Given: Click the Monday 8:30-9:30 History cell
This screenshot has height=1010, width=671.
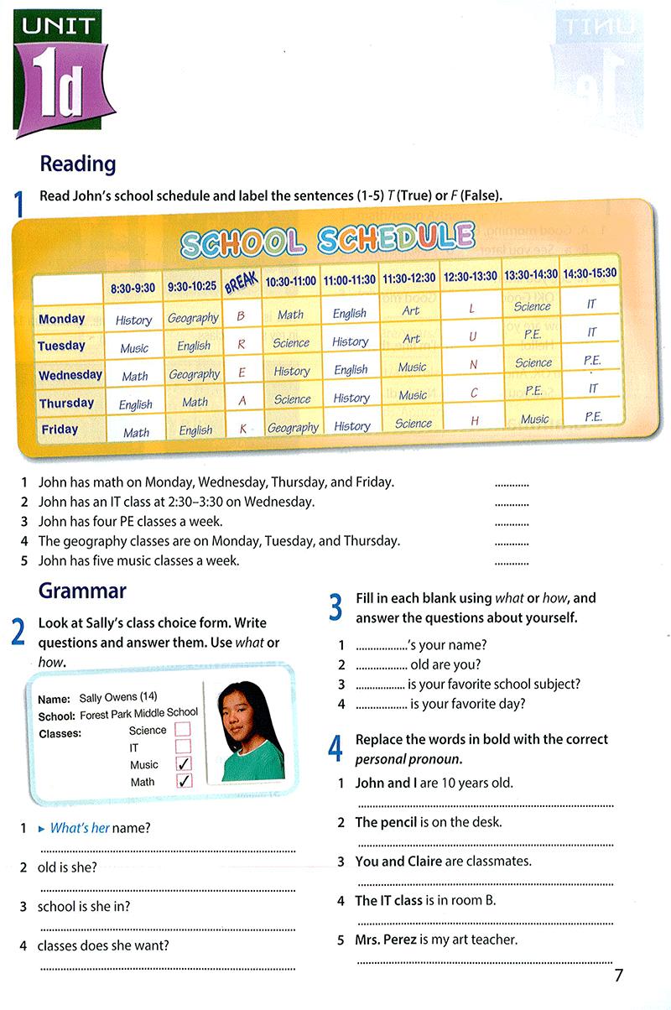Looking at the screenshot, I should tap(134, 320).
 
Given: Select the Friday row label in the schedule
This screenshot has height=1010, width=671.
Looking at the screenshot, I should tap(60, 430).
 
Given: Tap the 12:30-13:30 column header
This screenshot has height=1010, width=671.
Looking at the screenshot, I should tap(471, 276).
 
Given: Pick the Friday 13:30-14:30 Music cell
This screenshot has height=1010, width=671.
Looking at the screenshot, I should tap(534, 419).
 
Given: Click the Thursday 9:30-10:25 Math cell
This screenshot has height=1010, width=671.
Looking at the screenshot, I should tap(195, 403).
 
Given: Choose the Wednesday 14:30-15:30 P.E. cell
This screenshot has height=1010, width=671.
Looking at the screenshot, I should tap(592, 361).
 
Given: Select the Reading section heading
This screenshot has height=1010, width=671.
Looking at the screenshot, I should tap(78, 164).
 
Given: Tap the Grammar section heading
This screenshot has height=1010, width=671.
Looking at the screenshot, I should tap(82, 591).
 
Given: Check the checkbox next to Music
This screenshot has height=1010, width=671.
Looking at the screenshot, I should tap(183, 764).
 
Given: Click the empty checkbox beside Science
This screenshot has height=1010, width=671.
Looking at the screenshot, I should tap(183, 730).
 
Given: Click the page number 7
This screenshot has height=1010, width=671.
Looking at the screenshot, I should tap(619, 975).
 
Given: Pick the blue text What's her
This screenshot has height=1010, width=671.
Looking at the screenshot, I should tap(80, 828).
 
